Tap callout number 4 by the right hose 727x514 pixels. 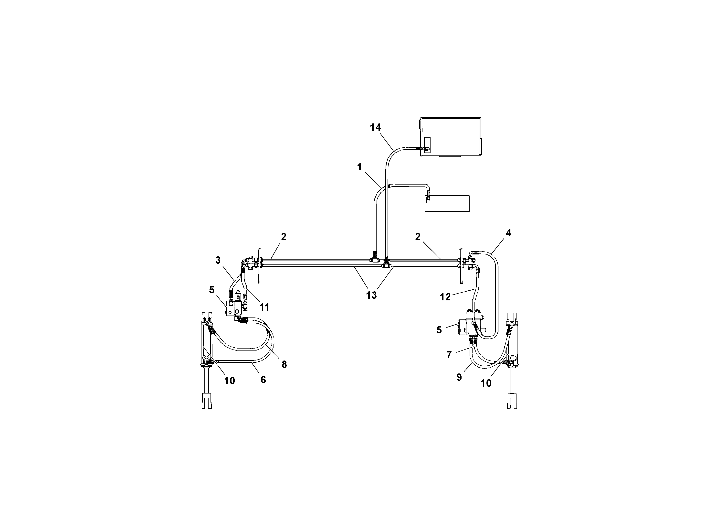pyautogui.click(x=508, y=233)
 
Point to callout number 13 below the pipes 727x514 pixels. pyautogui.click(x=371, y=295)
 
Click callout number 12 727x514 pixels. pyautogui.click(x=445, y=297)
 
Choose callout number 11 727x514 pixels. pyautogui.click(x=264, y=307)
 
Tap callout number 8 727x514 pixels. pyautogui.click(x=284, y=365)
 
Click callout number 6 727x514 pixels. pyautogui.click(x=263, y=380)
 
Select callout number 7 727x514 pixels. pyautogui.click(x=449, y=355)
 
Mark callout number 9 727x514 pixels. pyautogui.click(x=459, y=377)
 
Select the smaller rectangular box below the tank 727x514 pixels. pyautogui.click(x=447, y=203)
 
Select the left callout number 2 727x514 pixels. pyautogui.click(x=283, y=237)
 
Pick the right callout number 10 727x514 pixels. pyautogui.click(x=486, y=383)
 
